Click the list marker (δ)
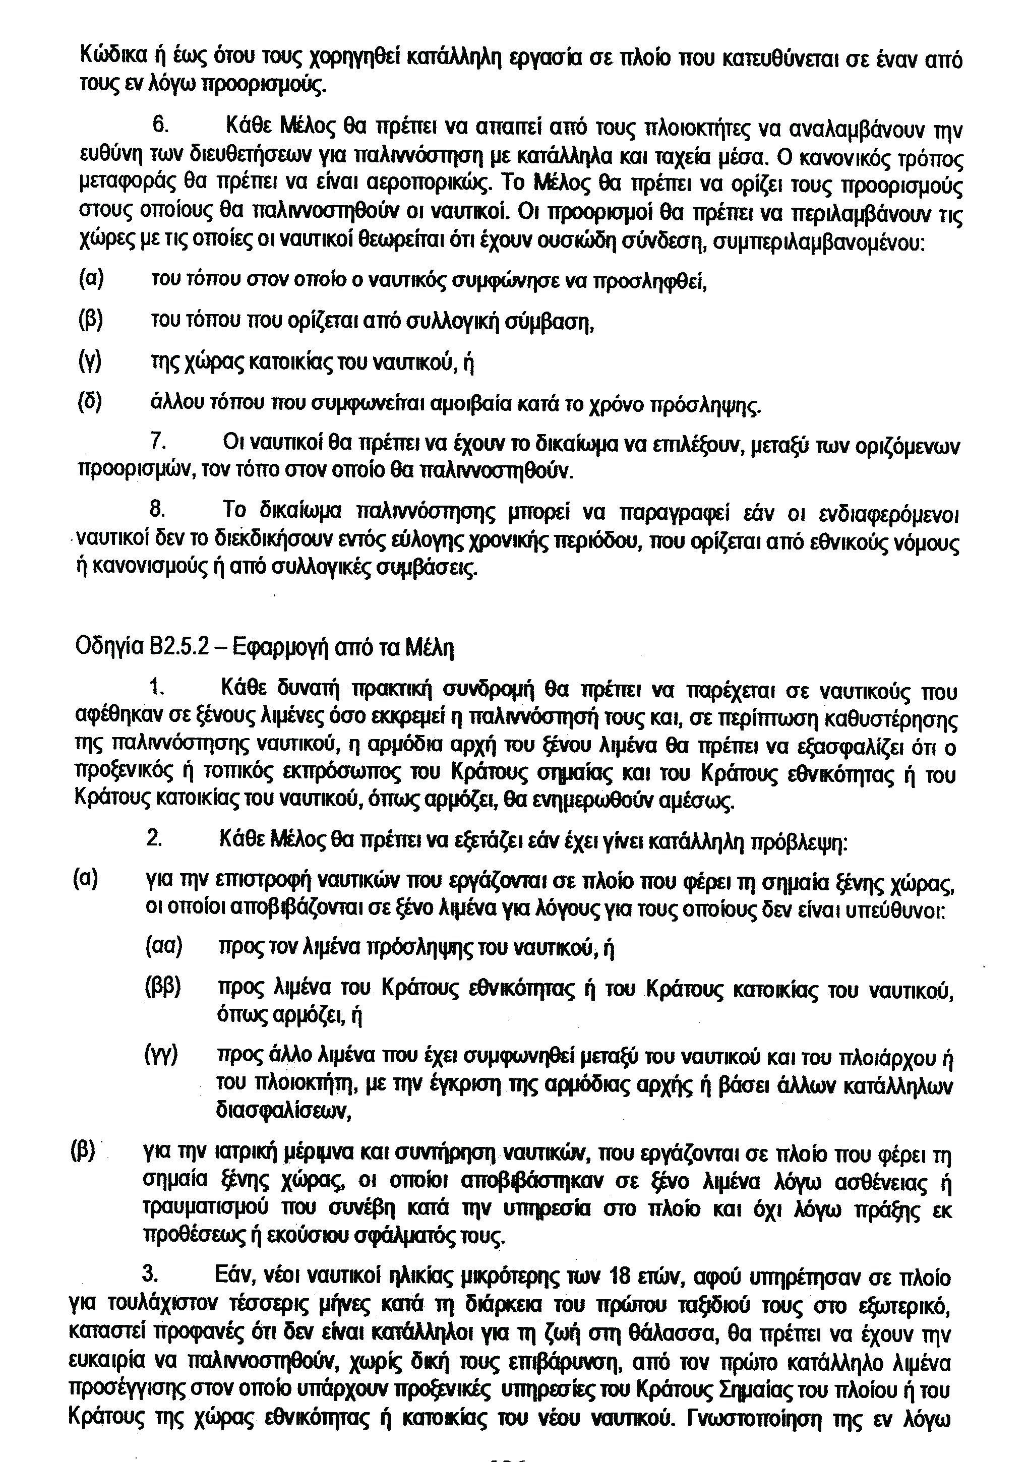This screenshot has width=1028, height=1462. (x=90, y=402)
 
